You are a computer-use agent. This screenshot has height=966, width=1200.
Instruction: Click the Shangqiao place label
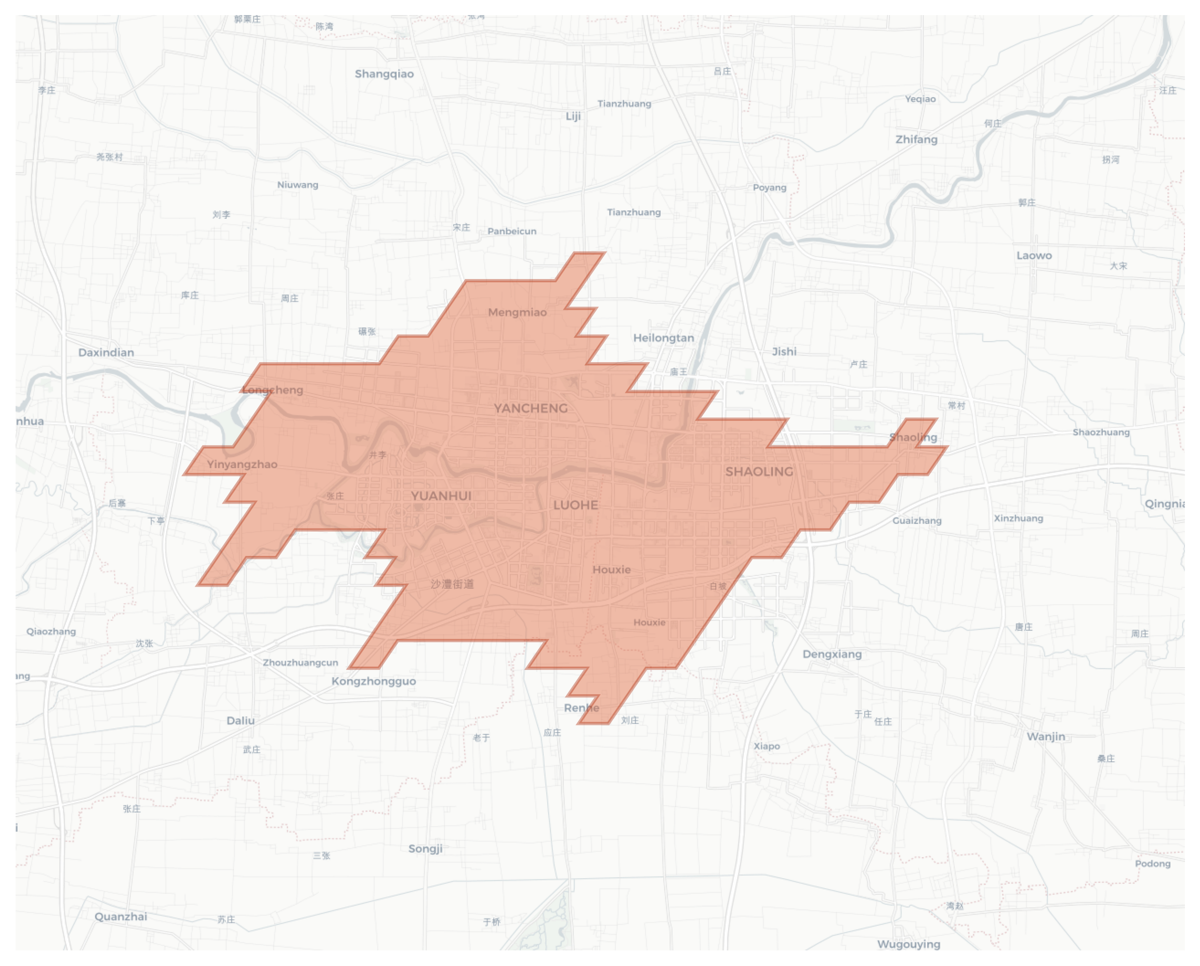[x=384, y=74]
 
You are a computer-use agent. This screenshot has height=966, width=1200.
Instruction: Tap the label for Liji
[x=573, y=116]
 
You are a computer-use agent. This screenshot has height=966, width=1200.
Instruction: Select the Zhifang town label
[x=916, y=140]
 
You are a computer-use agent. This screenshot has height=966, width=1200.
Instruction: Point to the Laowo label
[x=1034, y=256]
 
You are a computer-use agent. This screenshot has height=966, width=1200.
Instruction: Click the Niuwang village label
[x=298, y=185]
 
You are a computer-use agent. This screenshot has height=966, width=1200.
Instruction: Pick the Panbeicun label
[x=512, y=231]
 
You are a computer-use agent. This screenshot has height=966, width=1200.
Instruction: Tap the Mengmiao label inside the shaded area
[x=517, y=313]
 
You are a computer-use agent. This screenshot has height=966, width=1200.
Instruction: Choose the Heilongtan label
[x=664, y=338]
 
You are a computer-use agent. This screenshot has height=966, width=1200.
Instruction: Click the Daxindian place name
[x=106, y=353]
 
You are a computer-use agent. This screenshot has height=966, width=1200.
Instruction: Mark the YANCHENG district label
[x=531, y=408]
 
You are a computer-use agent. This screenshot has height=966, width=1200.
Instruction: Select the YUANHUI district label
[x=441, y=496]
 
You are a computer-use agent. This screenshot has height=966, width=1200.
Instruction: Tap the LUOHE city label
[x=575, y=505]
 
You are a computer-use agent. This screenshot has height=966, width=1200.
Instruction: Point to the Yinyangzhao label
[x=242, y=465]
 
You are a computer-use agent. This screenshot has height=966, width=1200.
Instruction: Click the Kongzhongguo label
[x=374, y=682]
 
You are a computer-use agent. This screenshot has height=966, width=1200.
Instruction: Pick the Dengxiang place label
[x=832, y=654]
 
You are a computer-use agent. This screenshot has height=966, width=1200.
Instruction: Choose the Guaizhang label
[x=917, y=521]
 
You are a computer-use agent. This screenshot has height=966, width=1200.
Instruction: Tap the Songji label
[x=425, y=849]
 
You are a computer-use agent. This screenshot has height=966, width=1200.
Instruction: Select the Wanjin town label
[x=1046, y=737]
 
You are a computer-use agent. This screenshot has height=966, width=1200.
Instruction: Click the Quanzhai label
[x=121, y=917]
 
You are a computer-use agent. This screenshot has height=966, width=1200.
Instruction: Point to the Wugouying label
[x=909, y=944]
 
